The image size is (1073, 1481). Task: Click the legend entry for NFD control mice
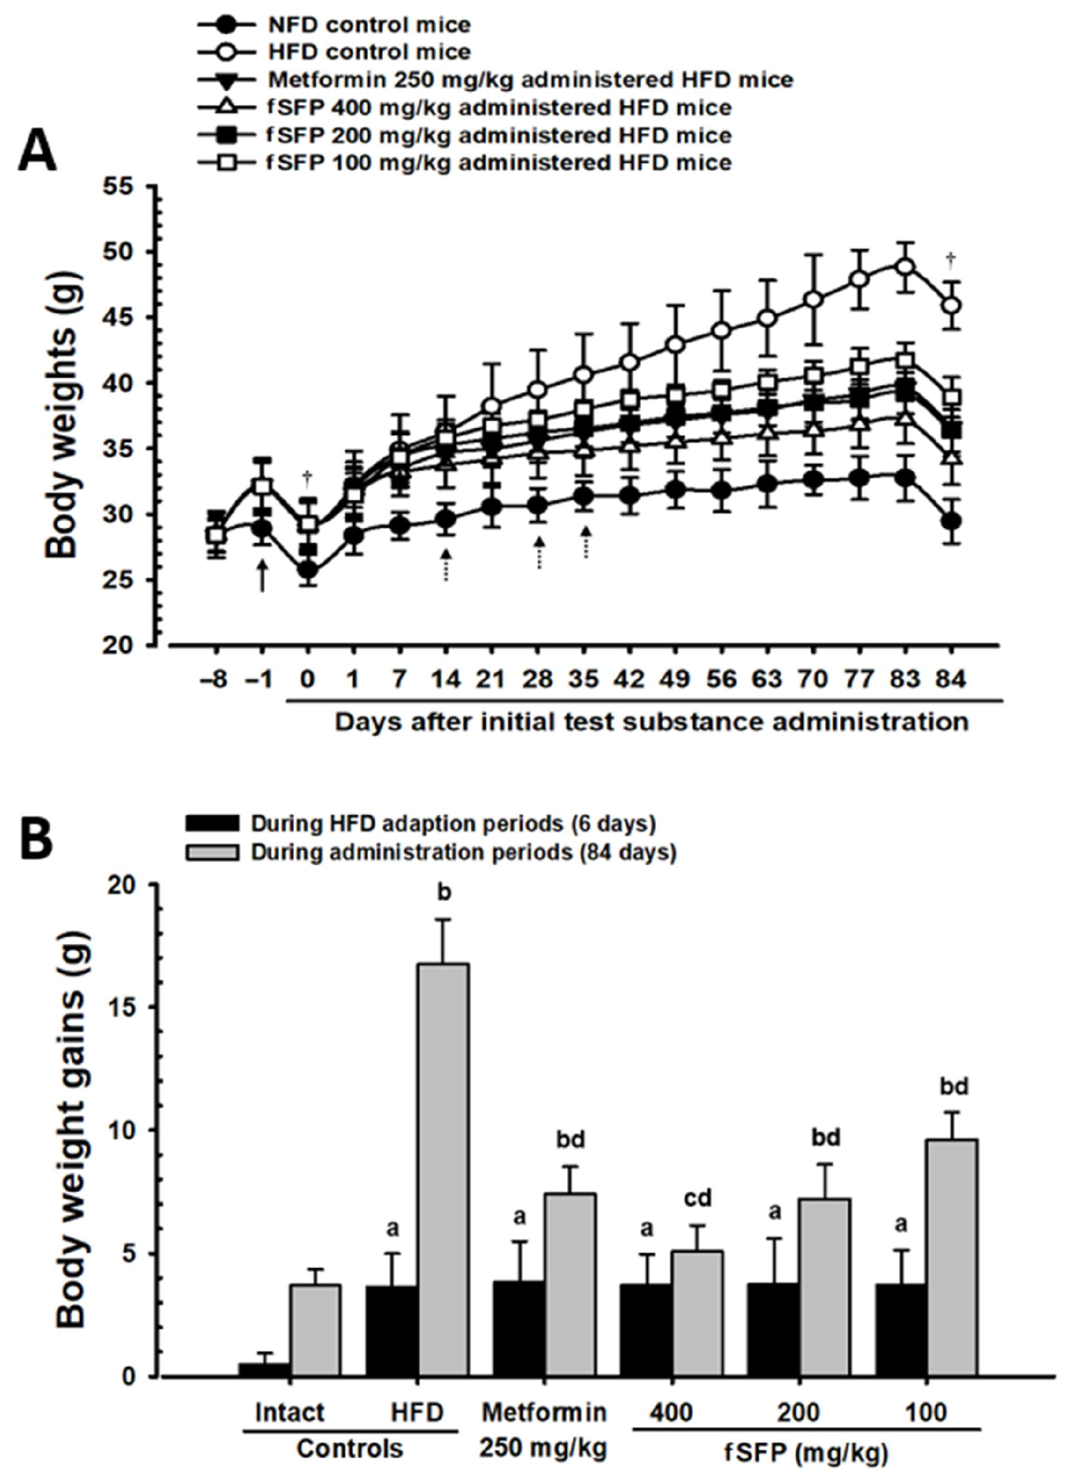368,25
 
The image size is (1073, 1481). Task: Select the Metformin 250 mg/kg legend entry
530,79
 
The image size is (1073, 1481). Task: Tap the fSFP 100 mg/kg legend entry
499,162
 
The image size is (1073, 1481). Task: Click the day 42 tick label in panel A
629,679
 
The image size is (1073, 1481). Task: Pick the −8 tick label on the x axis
216,679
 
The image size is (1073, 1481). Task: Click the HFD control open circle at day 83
905,267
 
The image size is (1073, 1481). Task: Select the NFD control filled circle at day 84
951,521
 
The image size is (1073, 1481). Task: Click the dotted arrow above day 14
446,565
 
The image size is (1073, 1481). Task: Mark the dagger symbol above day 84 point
951,260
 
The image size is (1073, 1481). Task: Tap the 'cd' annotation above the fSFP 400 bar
697,1197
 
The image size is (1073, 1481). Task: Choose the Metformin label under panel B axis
544,1412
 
